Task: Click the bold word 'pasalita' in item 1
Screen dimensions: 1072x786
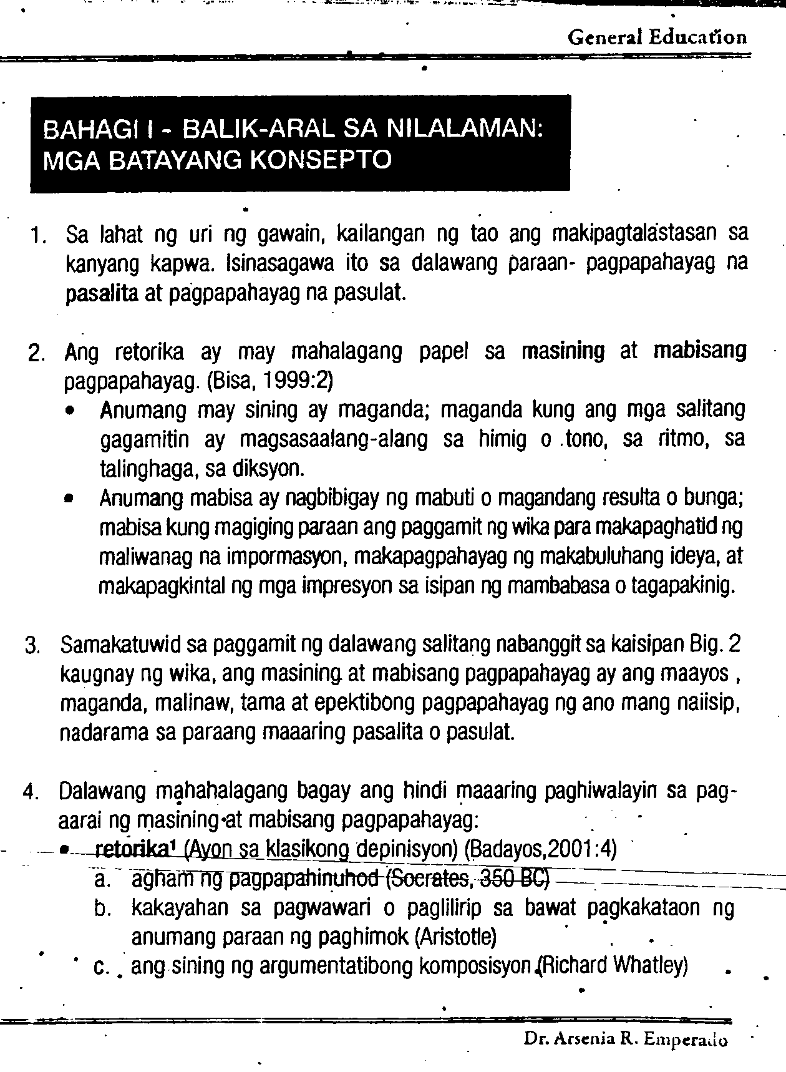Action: tap(102, 292)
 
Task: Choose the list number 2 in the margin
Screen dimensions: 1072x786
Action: tap(36, 354)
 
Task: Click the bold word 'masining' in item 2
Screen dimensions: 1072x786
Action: tap(563, 351)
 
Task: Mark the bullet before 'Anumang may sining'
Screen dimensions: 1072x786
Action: tap(74, 412)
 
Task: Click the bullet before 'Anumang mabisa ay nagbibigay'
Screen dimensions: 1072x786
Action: tap(74, 500)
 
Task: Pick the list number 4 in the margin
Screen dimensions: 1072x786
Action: tap(31, 792)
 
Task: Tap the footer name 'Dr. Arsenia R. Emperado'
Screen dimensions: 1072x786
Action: tap(625, 1040)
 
